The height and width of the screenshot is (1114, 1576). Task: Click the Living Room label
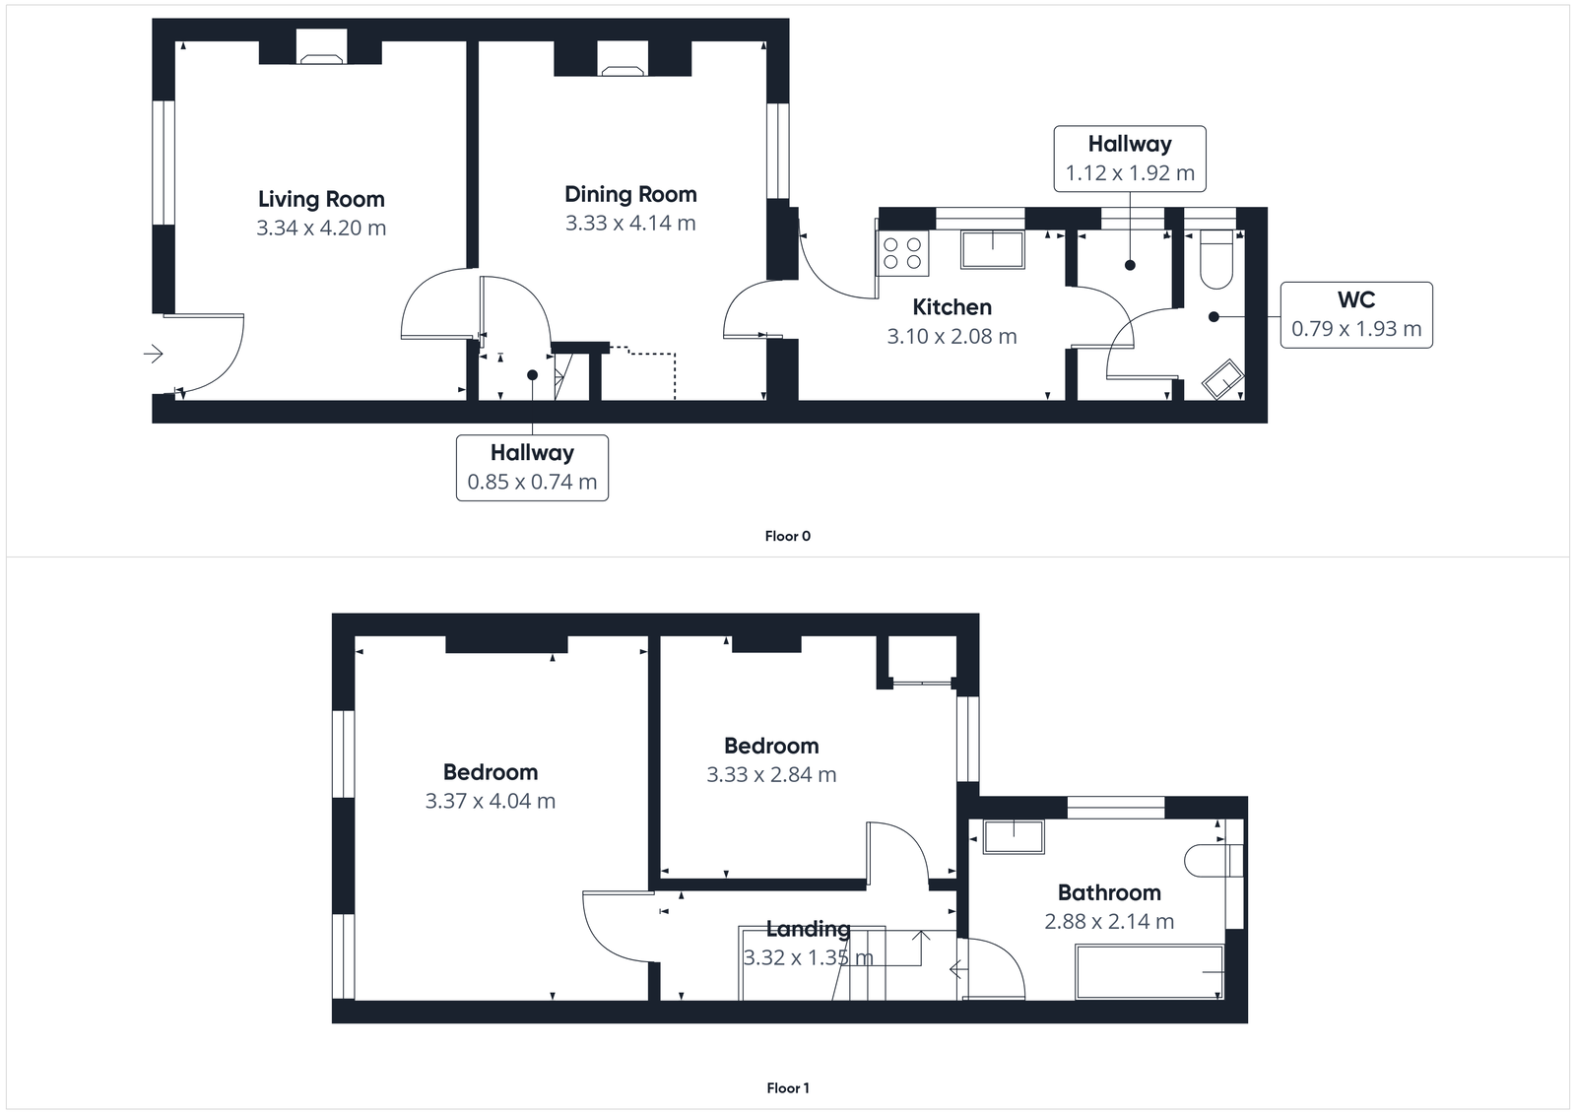coord(321,199)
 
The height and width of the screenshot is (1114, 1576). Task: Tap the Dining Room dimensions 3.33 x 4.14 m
coord(630,224)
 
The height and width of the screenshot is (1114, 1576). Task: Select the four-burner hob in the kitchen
coord(902,253)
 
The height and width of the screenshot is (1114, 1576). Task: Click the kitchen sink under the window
coord(992,249)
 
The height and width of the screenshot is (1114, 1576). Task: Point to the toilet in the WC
coord(1217,259)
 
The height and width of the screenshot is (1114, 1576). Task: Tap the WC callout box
coord(1356,314)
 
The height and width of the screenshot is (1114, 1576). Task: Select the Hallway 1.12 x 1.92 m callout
coord(1130,158)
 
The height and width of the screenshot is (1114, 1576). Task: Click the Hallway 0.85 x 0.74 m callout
coord(532,467)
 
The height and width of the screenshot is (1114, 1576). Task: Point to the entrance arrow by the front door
coord(153,353)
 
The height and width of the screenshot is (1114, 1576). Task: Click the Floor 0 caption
coord(787,536)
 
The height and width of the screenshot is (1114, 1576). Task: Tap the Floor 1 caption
coord(787,1088)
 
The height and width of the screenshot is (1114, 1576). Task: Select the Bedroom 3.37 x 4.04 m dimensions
coord(490,801)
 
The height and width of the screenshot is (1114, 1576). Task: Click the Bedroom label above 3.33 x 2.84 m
coord(771,746)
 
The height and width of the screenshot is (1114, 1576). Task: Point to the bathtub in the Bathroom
coord(1149,971)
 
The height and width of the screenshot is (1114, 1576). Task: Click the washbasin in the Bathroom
coord(1014,837)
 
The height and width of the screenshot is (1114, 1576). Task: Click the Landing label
coord(808,929)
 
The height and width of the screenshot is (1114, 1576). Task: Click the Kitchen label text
coord(952,307)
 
